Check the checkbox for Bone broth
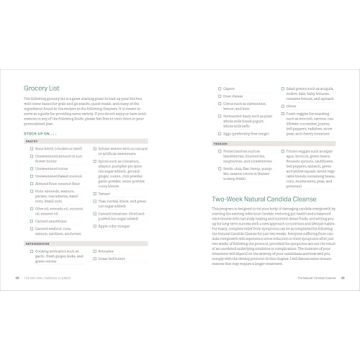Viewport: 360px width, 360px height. tap(31, 148)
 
